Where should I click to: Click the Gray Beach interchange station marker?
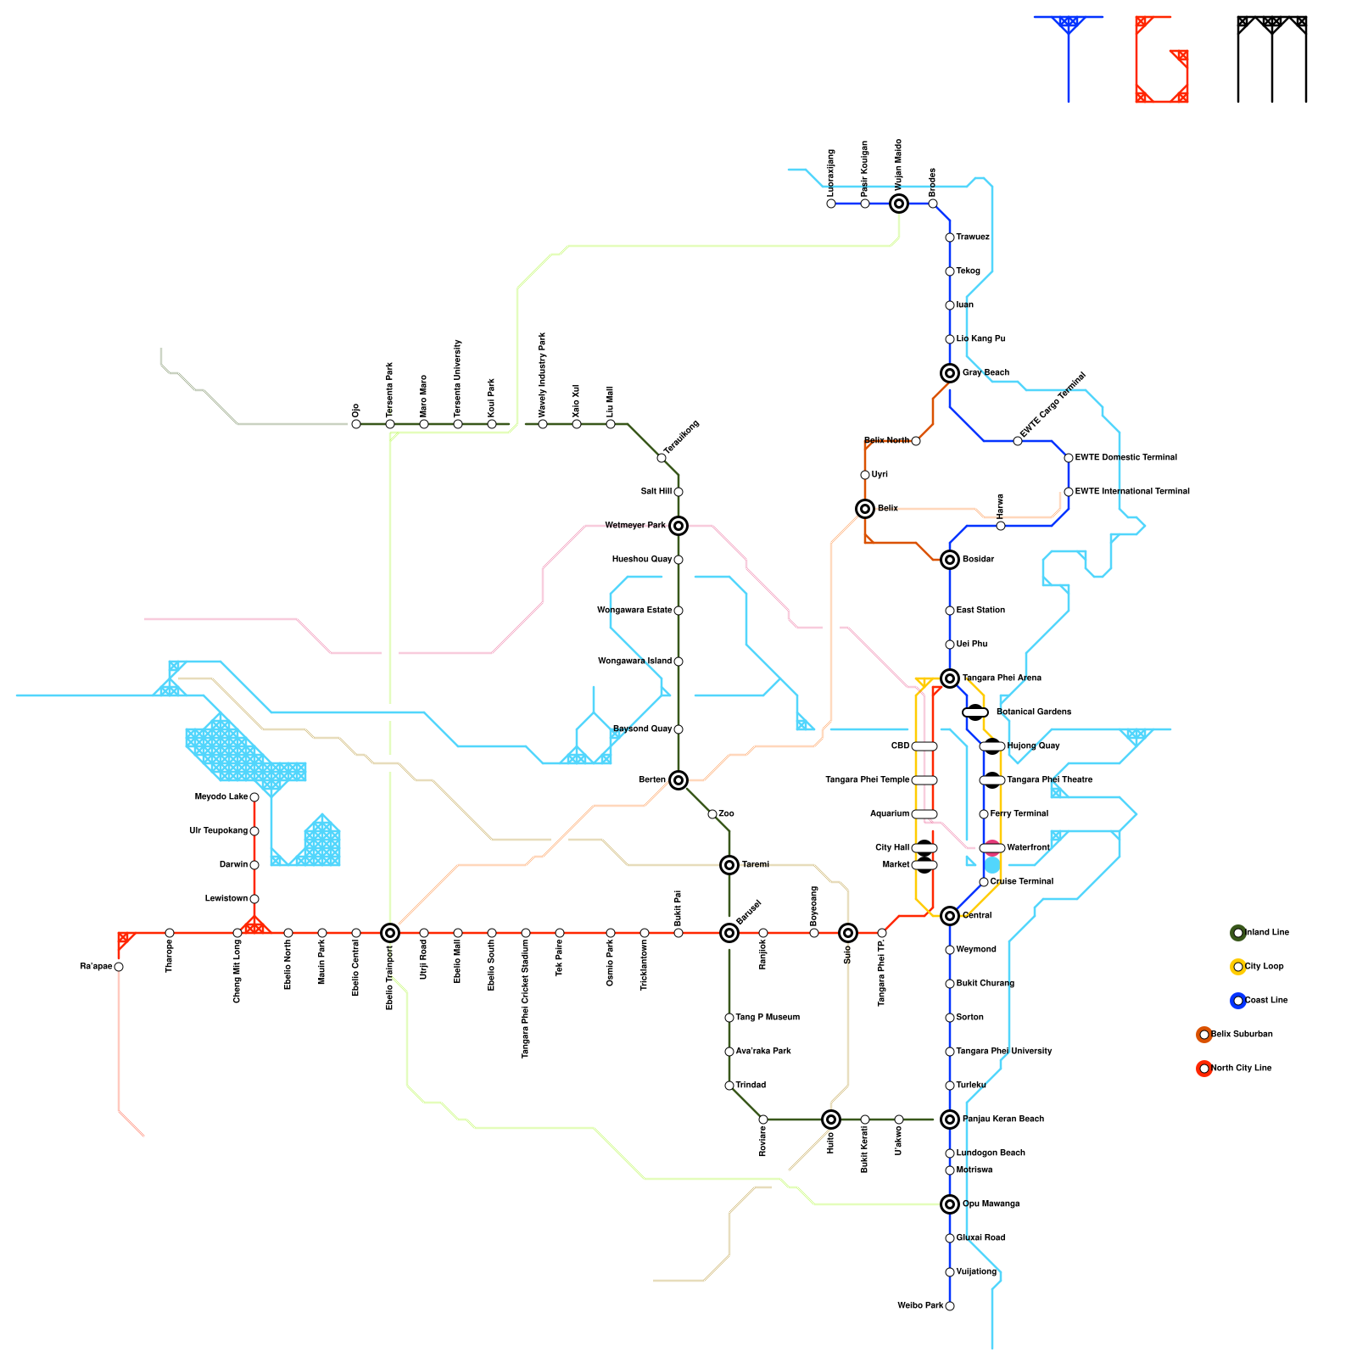950,373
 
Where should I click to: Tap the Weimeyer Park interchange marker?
678,526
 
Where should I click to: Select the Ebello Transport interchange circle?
390,933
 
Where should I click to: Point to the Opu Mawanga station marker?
950,1204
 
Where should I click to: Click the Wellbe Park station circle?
950,1306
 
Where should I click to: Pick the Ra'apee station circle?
119,967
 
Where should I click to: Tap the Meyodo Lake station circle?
254,797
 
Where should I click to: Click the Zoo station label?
726,814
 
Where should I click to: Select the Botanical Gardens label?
1033,712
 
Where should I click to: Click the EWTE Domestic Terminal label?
1125,458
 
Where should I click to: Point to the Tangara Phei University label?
1003,1052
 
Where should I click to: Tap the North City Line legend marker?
1204,1069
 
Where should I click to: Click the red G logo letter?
1162,59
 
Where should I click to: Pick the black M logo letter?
1272,59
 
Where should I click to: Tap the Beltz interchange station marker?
865,509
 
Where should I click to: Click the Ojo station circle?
356,424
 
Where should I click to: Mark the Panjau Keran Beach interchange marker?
950,1120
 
